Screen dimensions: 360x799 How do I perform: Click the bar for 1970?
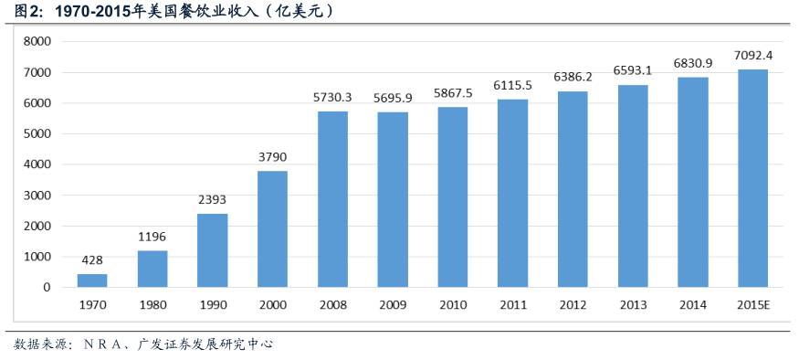pyautogui.click(x=92, y=281)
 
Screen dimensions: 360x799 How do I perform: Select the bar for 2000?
pyautogui.click(x=272, y=228)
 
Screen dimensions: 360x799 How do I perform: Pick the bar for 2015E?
pyautogui.click(x=752, y=178)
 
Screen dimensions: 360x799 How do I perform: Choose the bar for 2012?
pyautogui.click(x=573, y=189)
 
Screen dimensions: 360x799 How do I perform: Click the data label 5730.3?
pyautogui.click(x=332, y=97)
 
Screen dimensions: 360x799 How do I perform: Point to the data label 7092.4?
pyautogui.click(x=753, y=56)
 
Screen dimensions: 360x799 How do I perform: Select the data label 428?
pyautogui.click(x=92, y=259)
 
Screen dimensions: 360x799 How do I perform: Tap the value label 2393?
pyautogui.click(x=213, y=199)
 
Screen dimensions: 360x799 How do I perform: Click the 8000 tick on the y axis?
pyautogui.click(x=37, y=41)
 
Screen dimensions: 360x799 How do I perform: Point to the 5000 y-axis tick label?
pyautogui.click(x=37, y=133)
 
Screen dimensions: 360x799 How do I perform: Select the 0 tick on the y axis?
pyautogui.click(x=47, y=287)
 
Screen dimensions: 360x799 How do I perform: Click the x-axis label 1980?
pyautogui.click(x=152, y=304)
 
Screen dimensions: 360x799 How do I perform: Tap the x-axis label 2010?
pyautogui.click(x=453, y=304)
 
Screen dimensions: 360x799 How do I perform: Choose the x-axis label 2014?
pyautogui.click(x=693, y=304)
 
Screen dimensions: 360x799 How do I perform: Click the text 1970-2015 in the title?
pyautogui.click(x=89, y=12)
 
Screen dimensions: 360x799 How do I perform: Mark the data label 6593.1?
pyautogui.click(x=633, y=69)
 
